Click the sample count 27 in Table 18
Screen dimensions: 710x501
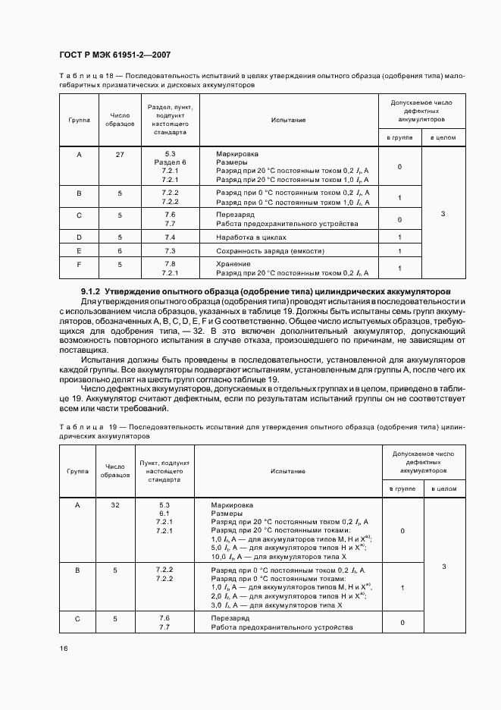[120, 154]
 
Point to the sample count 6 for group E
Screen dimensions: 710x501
[120, 250]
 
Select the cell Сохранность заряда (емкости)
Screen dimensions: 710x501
[270, 250]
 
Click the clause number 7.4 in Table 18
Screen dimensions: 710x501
[170, 237]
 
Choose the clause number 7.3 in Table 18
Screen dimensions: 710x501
[170, 250]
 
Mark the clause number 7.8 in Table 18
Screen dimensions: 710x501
[170, 262]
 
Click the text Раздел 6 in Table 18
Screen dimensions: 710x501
[170, 162]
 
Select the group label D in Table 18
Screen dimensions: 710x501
[79, 237]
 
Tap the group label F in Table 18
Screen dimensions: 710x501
[79, 263]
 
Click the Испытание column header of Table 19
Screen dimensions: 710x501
[287, 471]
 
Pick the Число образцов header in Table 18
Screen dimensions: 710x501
[120, 119]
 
